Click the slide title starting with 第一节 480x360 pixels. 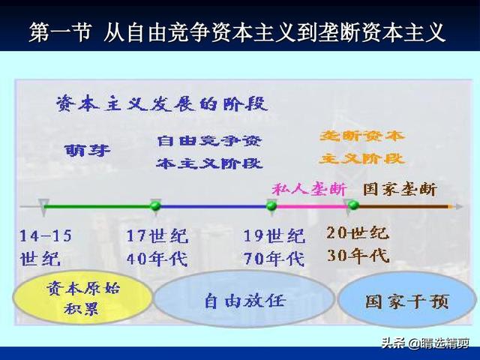click(x=237, y=31)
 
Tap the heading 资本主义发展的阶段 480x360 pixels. click(x=162, y=104)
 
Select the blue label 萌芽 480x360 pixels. click(x=88, y=150)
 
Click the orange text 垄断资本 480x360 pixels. click(x=362, y=136)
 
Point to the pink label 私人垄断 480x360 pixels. click(x=309, y=189)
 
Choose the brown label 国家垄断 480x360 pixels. click(x=400, y=189)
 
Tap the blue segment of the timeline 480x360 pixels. click(x=214, y=207)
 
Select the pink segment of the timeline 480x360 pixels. click(x=313, y=207)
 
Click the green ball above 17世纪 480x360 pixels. click(x=155, y=205)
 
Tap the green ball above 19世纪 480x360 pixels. click(x=271, y=205)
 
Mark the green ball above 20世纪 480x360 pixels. click(x=354, y=205)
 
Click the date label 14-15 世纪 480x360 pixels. click(x=46, y=247)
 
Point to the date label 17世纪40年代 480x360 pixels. click(x=157, y=247)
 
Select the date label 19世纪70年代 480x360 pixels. click(x=274, y=247)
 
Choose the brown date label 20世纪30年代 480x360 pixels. click(x=358, y=244)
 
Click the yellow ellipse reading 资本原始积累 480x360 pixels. click(x=82, y=297)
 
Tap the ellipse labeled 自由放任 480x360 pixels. click(x=244, y=298)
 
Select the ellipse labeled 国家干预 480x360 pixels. click(x=407, y=300)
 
